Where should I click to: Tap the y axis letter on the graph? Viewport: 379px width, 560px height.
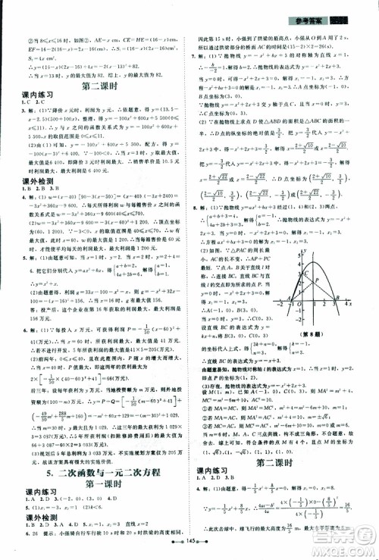tap(305, 251)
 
